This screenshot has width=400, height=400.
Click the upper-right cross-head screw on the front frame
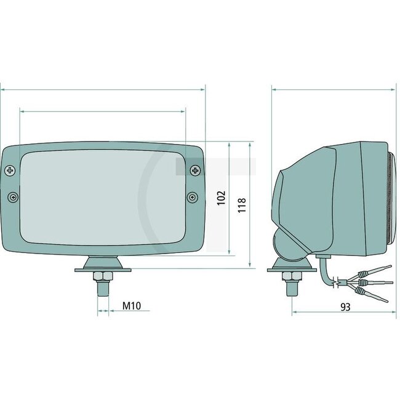tap(195, 169)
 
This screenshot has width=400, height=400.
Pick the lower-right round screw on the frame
tap(193, 198)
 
